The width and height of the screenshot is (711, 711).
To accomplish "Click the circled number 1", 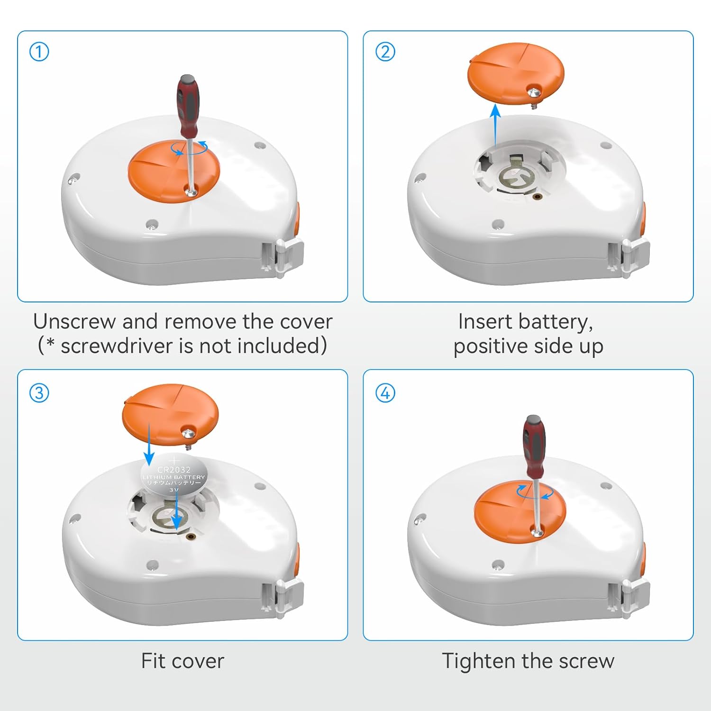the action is tap(39, 52).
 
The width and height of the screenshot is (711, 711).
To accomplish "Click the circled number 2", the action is tap(385, 52).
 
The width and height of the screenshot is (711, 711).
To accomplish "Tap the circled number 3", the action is tap(39, 393).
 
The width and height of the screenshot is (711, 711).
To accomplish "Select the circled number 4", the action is tap(385, 393).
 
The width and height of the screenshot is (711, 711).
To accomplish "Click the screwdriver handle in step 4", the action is tap(534, 446).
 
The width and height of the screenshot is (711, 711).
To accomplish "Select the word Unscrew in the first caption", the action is tap(74, 321).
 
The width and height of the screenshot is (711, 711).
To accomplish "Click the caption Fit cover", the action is tap(182, 661).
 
